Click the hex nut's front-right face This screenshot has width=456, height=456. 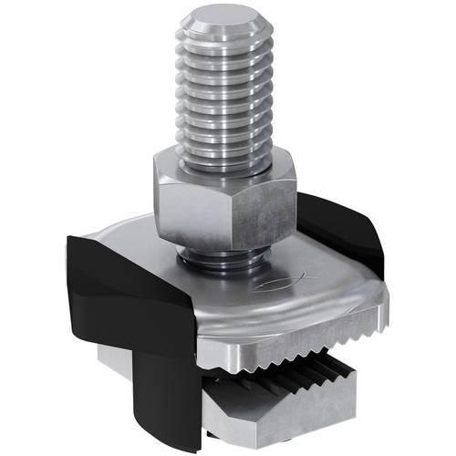(264, 205)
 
